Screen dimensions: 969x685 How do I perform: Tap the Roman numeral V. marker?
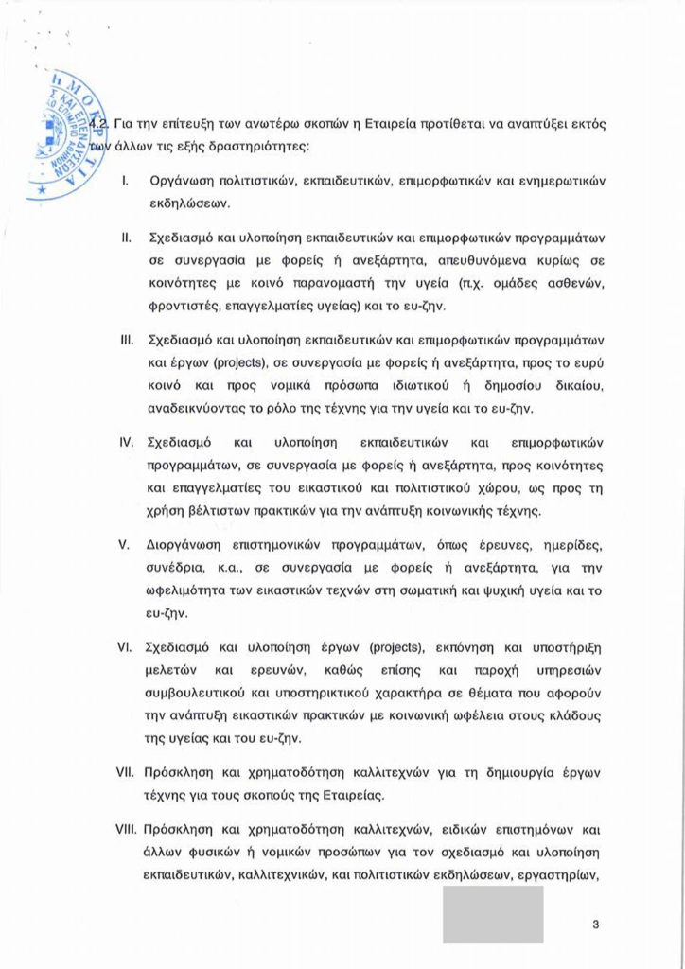click(123, 546)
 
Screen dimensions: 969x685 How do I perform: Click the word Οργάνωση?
click(181, 180)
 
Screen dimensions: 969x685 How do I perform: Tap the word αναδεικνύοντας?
click(200, 408)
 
